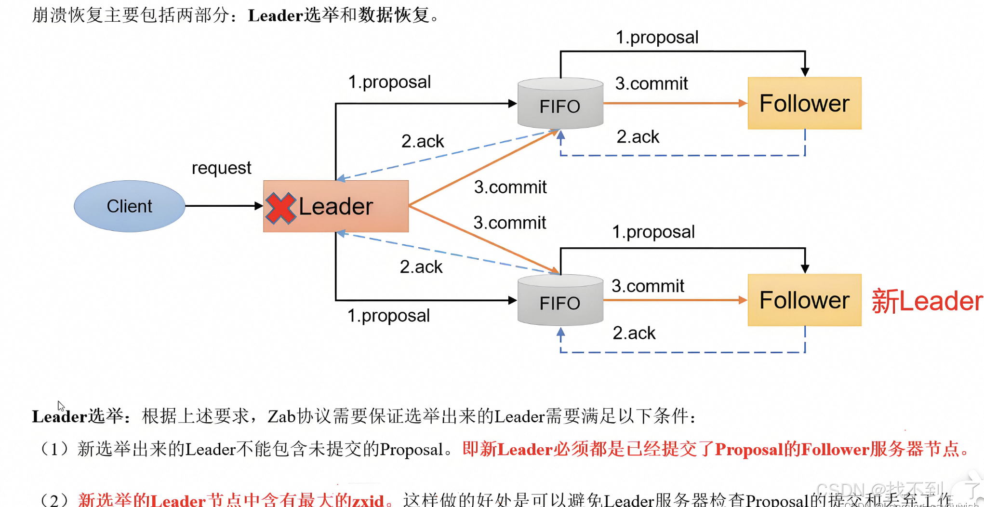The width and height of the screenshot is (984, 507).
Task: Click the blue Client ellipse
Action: [129, 206]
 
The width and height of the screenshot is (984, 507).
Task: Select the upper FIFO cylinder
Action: [560, 104]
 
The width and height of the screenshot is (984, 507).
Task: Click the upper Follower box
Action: [804, 103]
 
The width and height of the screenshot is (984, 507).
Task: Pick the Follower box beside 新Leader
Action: [804, 300]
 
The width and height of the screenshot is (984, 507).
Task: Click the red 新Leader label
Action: [927, 301]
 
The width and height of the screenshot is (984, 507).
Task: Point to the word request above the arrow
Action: [221, 168]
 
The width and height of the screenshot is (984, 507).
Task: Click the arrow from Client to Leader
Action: [224, 206]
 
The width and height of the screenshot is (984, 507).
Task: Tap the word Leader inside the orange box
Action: [336, 206]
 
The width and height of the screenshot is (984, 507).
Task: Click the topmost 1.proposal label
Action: [657, 38]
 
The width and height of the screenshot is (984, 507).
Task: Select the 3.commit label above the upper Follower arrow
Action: [652, 83]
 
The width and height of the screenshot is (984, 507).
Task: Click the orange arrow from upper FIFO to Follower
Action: [675, 103]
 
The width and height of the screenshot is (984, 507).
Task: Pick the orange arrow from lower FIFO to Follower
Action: [675, 300]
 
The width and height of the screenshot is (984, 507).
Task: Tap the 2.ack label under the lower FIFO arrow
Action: [634, 333]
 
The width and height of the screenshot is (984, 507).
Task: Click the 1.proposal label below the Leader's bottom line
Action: [388, 316]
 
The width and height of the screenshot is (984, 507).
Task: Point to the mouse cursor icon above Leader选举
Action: [61, 406]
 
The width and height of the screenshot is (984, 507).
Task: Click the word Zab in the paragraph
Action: [281, 416]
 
